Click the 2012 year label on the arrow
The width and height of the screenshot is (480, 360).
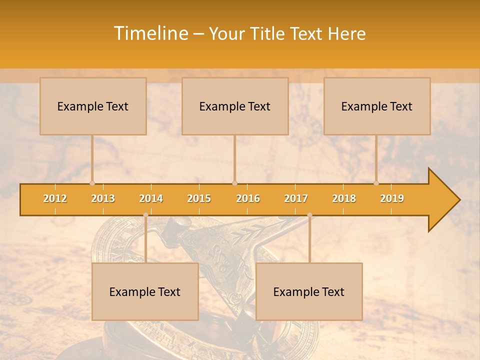point(55,198)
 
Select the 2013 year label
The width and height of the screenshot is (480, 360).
point(103,198)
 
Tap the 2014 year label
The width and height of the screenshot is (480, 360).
point(151,198)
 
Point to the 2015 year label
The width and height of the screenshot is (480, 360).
point(199,198)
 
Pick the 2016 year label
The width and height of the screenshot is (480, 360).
point(248,198)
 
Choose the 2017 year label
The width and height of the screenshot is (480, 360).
point(296,198)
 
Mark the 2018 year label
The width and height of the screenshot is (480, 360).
point(344,198)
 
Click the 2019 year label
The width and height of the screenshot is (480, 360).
point(392,198)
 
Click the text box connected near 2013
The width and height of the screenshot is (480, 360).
point(93,106)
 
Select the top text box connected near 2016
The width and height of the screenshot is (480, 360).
point(235,106)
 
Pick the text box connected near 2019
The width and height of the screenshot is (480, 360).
point(377,106)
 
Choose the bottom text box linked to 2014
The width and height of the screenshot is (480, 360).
point(145,291)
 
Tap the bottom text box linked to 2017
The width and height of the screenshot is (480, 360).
point(309,291)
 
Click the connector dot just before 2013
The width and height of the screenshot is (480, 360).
point(92,183)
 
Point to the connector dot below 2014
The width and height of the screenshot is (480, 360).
point(145,215)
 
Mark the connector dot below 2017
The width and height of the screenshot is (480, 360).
point(309,215)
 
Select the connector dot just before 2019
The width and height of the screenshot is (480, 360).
point(376,183)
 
